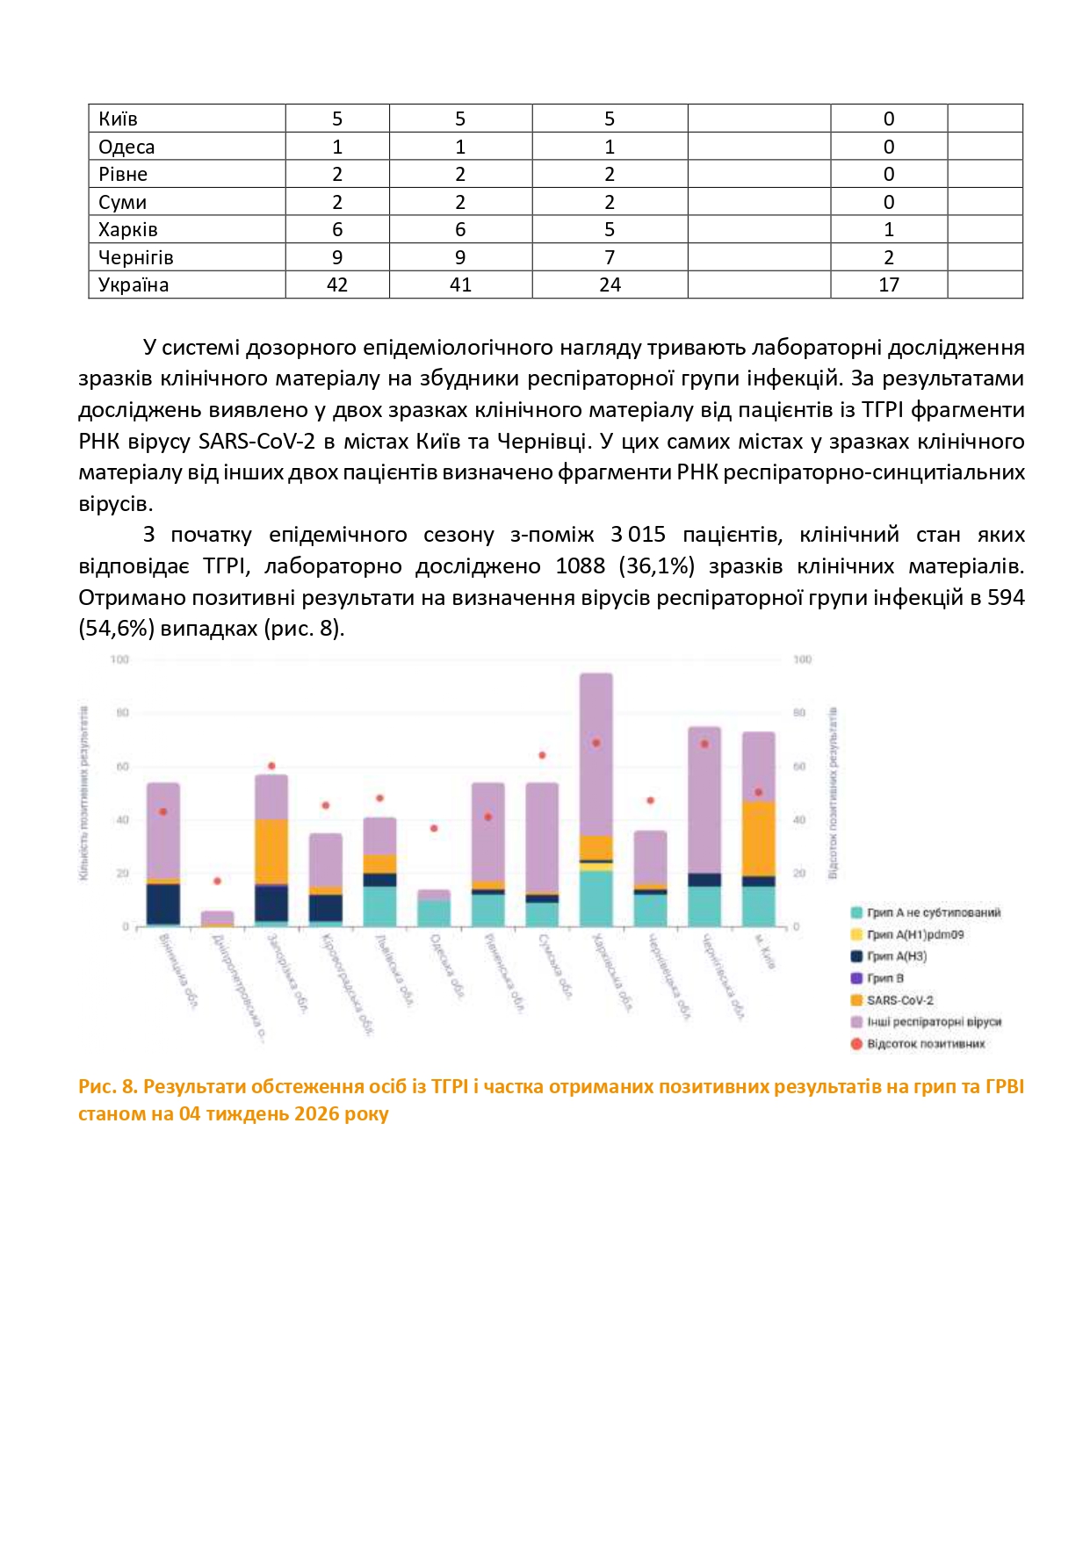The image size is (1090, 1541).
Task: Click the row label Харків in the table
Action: pos(128,230)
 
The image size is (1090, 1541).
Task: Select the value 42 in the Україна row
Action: pos(337,285)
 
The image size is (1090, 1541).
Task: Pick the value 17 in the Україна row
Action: pos(889,285)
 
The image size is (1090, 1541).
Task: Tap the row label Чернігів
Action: pos(136,258)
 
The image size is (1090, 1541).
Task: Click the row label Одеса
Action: pos(126,148)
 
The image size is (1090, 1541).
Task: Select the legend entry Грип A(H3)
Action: pos(896,956)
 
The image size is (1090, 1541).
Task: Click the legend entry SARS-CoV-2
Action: pos(899,1000)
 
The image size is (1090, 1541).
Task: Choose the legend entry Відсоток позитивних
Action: pos(925,1044)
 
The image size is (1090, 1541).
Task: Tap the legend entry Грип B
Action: pos(884,978)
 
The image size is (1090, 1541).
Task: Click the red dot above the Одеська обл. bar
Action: pos(434,829)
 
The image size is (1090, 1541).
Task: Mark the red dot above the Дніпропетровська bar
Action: pos(218,881)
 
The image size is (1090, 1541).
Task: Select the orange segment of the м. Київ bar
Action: pos(759,839)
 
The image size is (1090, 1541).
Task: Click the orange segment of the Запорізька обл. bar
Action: pos(271,852)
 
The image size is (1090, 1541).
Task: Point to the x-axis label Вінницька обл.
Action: pos(177,970)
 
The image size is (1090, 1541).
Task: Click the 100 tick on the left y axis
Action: pos(119,659)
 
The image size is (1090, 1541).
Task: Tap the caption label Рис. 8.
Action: pos(108,1087)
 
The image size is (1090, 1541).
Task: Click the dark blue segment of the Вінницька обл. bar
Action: pos(163,904)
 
